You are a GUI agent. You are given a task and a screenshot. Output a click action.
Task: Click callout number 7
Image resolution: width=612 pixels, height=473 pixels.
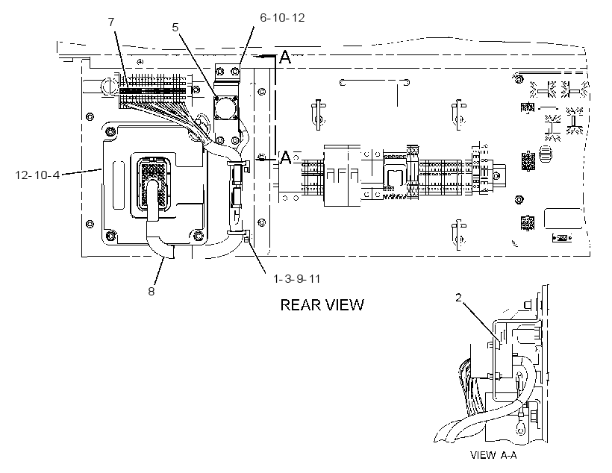pyautogui.click(x=112, y=22)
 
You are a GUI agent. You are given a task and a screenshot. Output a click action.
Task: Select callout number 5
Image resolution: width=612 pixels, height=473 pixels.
pyautogui.click(x=175, y=28)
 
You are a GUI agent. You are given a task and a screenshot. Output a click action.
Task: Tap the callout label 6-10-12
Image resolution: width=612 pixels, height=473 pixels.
pyautogui.click(x=282, y=18)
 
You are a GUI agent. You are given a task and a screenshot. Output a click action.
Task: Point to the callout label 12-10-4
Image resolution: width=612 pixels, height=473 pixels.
pyautogui.click(x=37, y=175)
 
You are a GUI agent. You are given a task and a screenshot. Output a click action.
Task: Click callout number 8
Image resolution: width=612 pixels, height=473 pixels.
pyautogui.click(x=152, y=291)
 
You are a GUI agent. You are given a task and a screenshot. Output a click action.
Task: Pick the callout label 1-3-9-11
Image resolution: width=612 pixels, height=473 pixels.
pyautogui.click(x=296, y=278)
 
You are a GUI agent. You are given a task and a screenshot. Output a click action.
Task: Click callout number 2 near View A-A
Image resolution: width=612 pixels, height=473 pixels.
pyautogui.click(x=458, y=298)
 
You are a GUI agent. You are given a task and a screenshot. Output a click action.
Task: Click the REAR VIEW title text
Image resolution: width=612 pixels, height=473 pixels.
pyautogui.click(x=322, y=305)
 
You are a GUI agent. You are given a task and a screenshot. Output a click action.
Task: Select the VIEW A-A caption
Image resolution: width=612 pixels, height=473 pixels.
pyautogui.click(x=493, y=455)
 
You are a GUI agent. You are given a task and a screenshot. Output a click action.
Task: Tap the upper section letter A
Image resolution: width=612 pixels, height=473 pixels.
pyautogui.click(x=286, y=57)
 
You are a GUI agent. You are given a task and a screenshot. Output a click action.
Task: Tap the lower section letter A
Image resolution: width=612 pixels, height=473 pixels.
pyautogui.click(x=286, y=157)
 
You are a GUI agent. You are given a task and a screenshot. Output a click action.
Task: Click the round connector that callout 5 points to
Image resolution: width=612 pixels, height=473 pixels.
pyautogui.click(x=225, y=108)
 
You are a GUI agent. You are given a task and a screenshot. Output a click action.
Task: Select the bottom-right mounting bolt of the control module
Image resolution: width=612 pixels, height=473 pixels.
pyautogui.click(x=199, y=235)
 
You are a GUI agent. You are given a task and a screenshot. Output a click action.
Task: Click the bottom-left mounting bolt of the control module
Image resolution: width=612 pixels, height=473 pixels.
pyautogui.click(x=110, y=235)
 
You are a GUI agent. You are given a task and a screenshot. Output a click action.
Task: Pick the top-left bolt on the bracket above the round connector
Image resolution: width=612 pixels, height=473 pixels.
pyautogui.click(x=220, y=72)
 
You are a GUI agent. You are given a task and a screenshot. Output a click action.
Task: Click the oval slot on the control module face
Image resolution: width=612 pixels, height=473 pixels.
pyautogui.click(x=118, y=185)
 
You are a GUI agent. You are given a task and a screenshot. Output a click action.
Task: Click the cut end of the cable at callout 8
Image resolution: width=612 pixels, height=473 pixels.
pyautogui.click(x=169, y=255)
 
